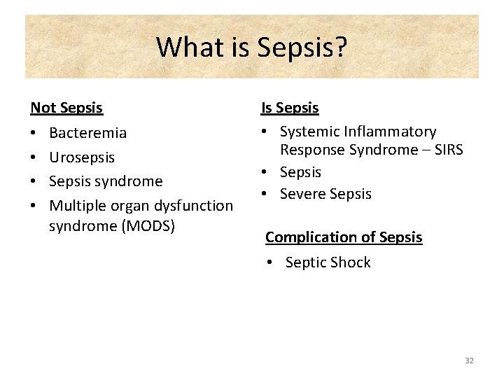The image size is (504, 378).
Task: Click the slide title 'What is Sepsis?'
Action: [x=252, y=47]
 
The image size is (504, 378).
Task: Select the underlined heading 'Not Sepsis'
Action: [x=66, y=108]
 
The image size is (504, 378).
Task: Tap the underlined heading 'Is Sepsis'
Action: [x=290, y=108]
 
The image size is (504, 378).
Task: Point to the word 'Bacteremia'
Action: [x=87, y=133]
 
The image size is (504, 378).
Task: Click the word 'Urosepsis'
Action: [x=81, y=157]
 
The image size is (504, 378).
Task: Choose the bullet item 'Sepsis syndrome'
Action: [x=105, y=181]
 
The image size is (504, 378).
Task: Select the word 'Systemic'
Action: [x=309, y=132]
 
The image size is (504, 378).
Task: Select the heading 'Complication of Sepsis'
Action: [x=344, y=237]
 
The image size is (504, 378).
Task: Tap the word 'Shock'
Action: [x=349, y=262]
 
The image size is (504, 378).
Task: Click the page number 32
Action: [x=469, y=360]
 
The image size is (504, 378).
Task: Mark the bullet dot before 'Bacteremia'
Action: [x=34, y=133]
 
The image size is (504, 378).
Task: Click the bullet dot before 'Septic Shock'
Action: [x=270, y=262]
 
